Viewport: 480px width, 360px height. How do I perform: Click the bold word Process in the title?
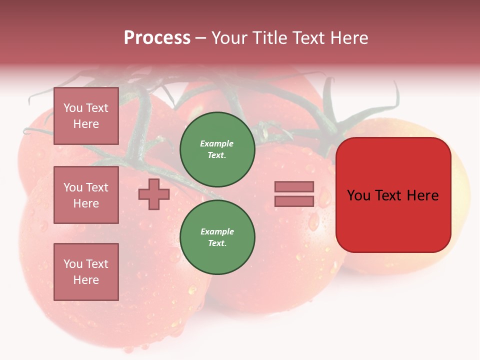(157, 38)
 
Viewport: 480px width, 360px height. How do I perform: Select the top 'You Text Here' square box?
(86, 116)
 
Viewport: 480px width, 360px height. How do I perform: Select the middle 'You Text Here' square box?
(86, 195)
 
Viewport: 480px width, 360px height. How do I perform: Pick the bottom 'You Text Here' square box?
(86, 271)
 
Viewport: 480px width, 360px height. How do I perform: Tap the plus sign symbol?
(153, 194)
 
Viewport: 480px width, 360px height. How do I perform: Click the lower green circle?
(217, 237)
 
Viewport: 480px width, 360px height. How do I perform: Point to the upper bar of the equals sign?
(294, 187)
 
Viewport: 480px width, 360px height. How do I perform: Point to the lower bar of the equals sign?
(294, 201)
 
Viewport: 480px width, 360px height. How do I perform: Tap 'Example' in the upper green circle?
(216, 143)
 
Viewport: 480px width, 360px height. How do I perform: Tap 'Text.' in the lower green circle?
(217, 243)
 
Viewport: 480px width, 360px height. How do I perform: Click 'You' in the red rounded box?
(358, 195)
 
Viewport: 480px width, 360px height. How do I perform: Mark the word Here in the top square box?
(86, 124)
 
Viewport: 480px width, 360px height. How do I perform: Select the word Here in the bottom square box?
(86, 280)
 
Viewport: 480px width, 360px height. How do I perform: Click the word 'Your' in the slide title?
(229, 38)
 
